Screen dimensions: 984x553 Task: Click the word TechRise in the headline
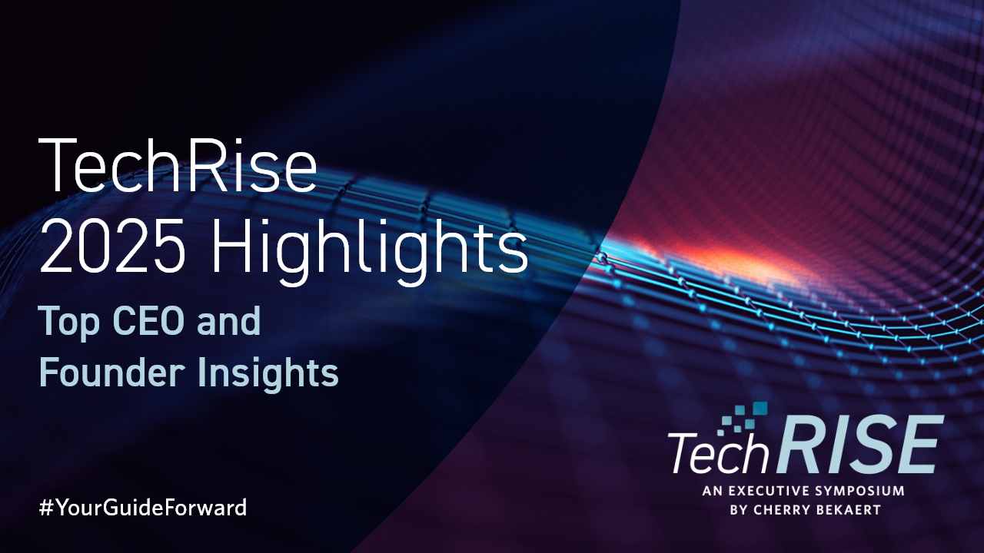coord(178,165)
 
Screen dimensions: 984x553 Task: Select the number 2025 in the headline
coord(112,246)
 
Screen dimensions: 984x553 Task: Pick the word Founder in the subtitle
coord(111,371)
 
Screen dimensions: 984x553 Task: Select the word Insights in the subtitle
coord(268,374)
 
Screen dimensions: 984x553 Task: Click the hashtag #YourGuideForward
coord(143,508)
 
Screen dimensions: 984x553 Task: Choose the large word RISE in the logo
coord(856,445)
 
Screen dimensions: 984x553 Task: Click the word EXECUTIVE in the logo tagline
coord(767,491)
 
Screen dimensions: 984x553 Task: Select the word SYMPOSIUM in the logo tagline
coord(859,491)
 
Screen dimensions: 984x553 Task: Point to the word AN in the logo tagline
coord(711,491)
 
